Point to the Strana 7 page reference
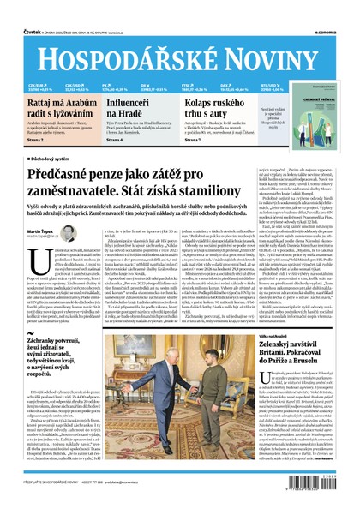point(196,140)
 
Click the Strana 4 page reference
point(117,140)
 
